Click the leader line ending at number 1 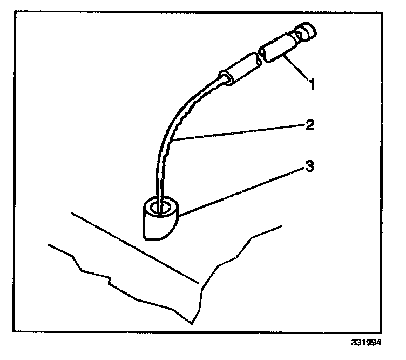294,68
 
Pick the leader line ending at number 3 243,191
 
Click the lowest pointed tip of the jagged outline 192,323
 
